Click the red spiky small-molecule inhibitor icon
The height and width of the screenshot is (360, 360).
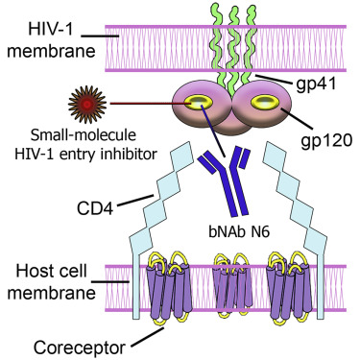pos(79,99)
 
